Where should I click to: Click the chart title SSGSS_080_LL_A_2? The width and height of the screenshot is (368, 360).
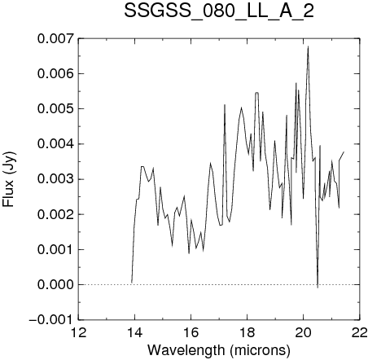219,11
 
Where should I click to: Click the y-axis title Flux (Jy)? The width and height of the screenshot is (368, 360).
9,179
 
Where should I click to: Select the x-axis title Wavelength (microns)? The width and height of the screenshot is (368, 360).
219,350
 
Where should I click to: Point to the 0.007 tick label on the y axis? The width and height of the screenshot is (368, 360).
55,38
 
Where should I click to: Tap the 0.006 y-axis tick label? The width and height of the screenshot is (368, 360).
55,73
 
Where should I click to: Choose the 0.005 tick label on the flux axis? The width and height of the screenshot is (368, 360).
55,109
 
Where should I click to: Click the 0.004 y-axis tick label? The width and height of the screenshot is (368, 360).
55,144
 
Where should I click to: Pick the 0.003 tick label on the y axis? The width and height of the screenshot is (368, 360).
55,179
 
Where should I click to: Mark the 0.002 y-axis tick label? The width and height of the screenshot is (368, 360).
55,214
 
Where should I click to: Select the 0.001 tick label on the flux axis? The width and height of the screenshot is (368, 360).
55,249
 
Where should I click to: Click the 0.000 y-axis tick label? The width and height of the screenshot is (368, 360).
55,285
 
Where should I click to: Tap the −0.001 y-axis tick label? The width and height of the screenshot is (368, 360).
51,320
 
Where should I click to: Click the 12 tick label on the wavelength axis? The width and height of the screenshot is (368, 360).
78,332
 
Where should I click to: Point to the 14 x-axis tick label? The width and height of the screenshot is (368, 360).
135,332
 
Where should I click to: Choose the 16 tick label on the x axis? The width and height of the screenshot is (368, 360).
191,332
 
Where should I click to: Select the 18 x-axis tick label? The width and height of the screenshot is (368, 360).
248,332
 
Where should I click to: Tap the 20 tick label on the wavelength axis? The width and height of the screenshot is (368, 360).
304,332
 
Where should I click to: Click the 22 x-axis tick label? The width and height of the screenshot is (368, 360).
360,332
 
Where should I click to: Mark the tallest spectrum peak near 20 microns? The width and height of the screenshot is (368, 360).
308,46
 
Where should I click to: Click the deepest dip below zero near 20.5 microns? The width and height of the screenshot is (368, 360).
318,288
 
